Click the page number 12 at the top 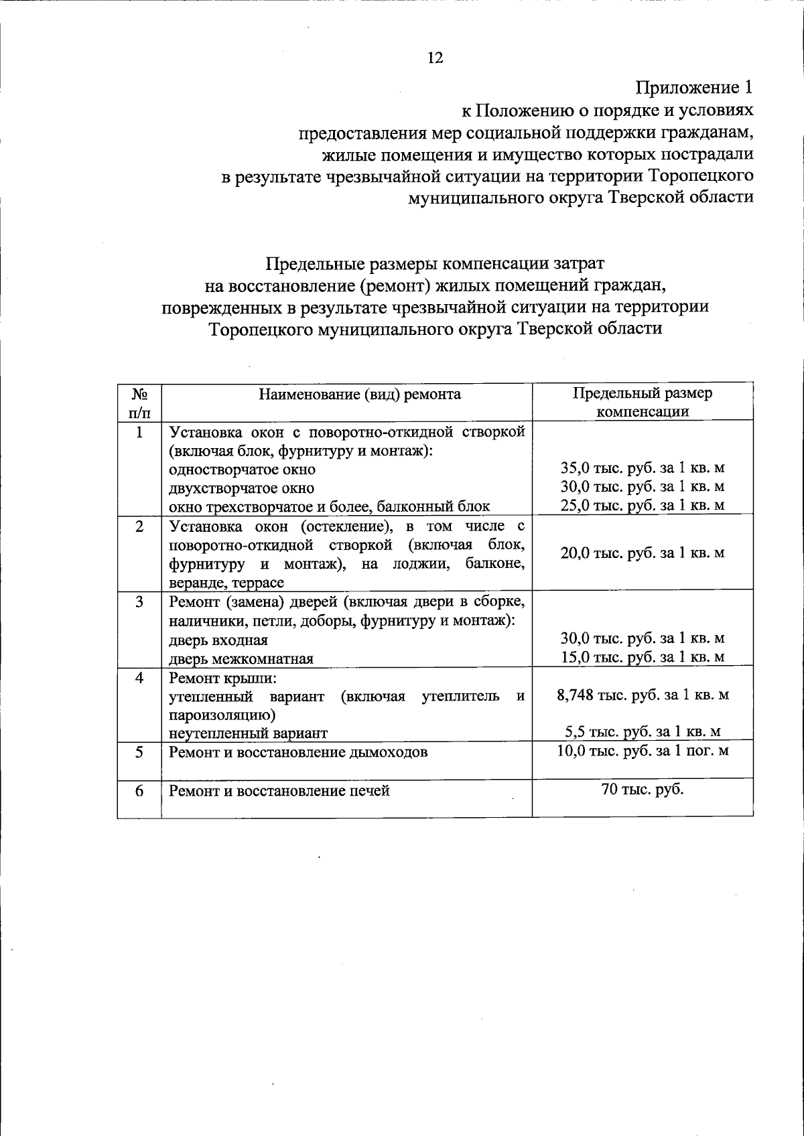435,58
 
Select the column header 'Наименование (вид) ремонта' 360,394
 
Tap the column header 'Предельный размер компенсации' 643,402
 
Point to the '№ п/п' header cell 139,403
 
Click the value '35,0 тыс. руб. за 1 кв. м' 643,468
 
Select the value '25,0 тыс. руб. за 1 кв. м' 643,505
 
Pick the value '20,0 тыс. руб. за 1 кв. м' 643,553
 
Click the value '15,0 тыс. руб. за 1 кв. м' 643,657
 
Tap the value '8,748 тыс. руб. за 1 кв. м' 643,695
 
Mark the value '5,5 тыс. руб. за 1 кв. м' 643,732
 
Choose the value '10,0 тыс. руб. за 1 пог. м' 643,751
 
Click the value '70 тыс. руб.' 643,789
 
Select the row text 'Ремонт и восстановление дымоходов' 298,752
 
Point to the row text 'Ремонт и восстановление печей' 279,791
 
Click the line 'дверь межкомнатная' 241,658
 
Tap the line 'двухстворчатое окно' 241,488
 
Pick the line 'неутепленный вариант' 248,733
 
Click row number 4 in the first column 139,677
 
